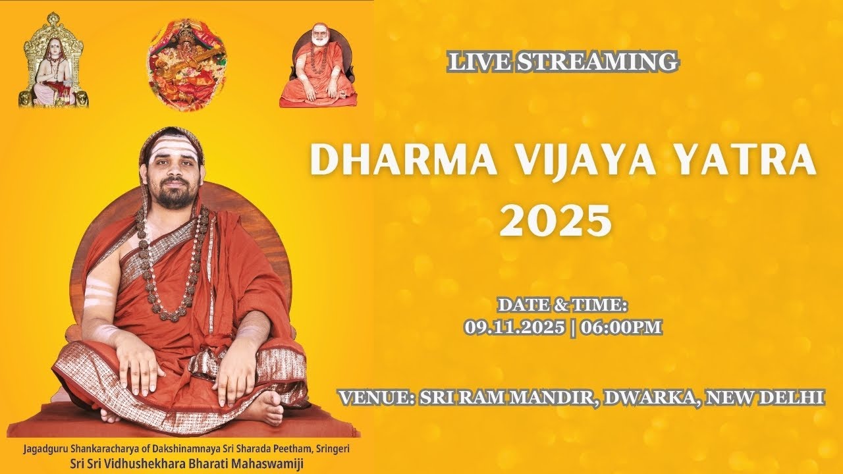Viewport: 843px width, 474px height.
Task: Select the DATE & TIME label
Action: click(563, 305)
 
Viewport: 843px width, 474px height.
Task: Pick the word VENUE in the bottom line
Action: click(373, 398)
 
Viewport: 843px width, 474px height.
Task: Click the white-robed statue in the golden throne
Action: click(53, 69)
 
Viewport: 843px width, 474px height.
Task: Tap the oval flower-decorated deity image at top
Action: click(187, 65)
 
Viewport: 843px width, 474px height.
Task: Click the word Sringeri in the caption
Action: click(329, 448)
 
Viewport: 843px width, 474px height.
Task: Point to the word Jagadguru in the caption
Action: click(45, 448)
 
